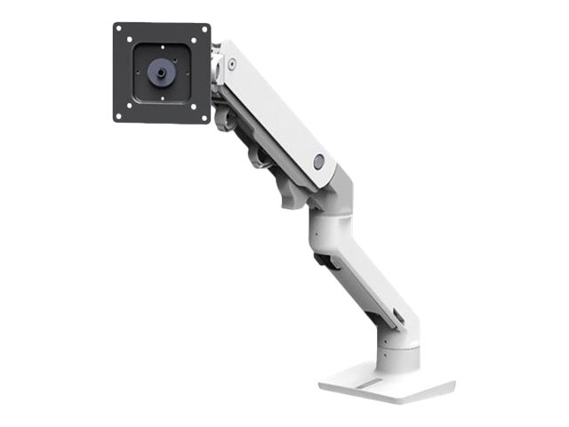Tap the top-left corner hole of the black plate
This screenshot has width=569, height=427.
[120, 29]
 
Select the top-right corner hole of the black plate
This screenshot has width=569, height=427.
[204, 29]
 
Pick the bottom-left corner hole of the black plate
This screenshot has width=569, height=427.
[120, 115]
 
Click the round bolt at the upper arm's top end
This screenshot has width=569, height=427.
[232, 64]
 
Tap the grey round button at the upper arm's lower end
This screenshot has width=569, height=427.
[318, 161]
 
